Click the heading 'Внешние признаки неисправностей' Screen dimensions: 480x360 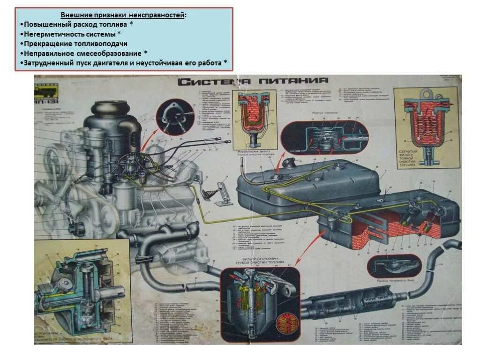coord(123,15)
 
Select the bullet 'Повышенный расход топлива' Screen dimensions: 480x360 coord(77,24)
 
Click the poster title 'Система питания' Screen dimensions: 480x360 coord(253,81)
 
